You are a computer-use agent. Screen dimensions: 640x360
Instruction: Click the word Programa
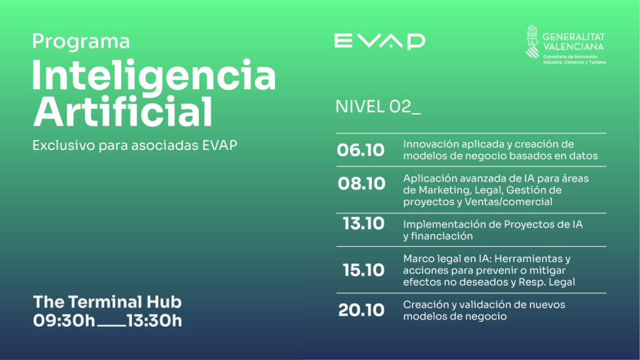point(81,42)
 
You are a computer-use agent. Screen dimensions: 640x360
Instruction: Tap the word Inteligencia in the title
point(154,76)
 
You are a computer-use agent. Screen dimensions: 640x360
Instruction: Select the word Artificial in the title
point(123,111)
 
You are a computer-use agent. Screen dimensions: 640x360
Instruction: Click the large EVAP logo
point(379,41)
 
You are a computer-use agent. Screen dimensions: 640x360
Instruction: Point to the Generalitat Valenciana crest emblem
point(532,42)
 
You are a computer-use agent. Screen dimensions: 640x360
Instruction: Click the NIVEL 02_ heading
point(378,106)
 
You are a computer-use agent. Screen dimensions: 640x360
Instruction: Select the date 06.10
point(361,150)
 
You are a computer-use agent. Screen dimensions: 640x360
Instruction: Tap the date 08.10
point(361,184)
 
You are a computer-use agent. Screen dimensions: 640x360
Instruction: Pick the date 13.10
point(363,224)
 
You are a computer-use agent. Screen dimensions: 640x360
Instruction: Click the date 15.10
point(363,270)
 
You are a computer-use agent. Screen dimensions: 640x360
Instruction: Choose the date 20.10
point(361,310)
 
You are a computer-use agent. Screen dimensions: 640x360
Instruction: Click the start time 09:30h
point(64,321)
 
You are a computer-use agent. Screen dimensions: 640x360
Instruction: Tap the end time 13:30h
point(154,321)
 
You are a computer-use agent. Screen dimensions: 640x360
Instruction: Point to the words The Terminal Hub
point(107,302)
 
